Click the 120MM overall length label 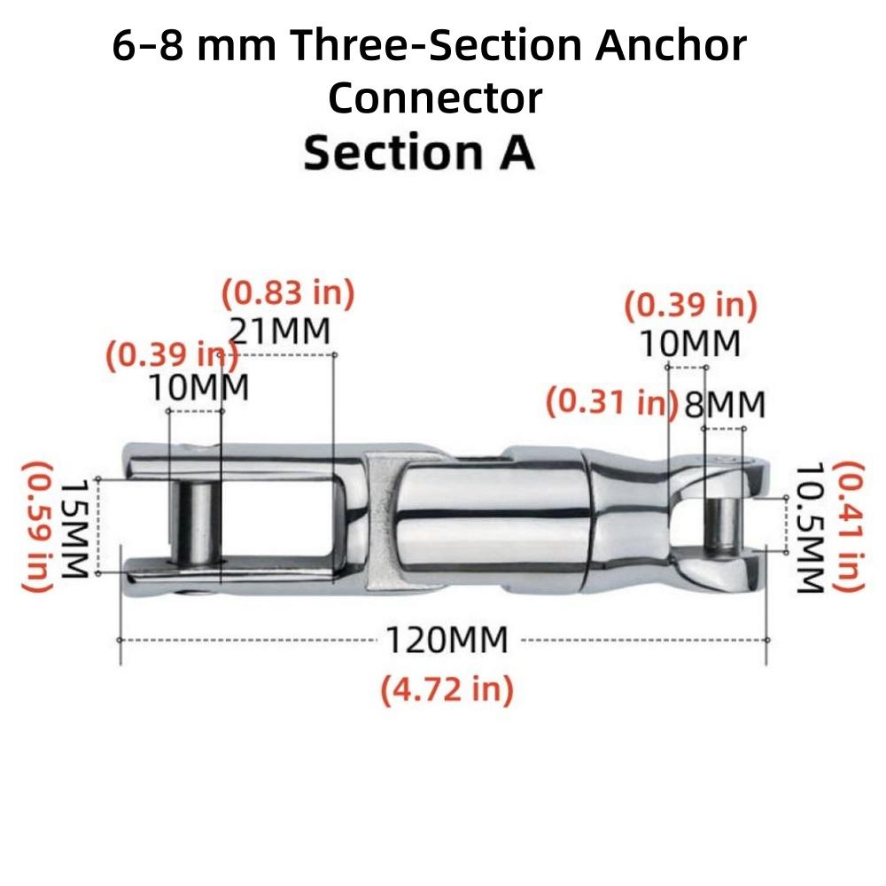[447, 641]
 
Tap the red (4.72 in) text [447, 689]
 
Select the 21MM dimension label [278, 331]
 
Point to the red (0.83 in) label [288, 294]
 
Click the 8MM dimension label [725, 405]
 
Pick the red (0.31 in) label [612, 401]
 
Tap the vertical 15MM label [74, 528]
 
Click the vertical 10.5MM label [810, 528]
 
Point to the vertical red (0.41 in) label [850, 526]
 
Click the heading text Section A [419, 152]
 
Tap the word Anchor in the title [671, 45]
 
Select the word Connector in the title [435, 98]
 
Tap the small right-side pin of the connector [723, 526]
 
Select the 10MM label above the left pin [198, 388]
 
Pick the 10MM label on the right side [690, 344]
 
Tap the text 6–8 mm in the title [194, 45]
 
